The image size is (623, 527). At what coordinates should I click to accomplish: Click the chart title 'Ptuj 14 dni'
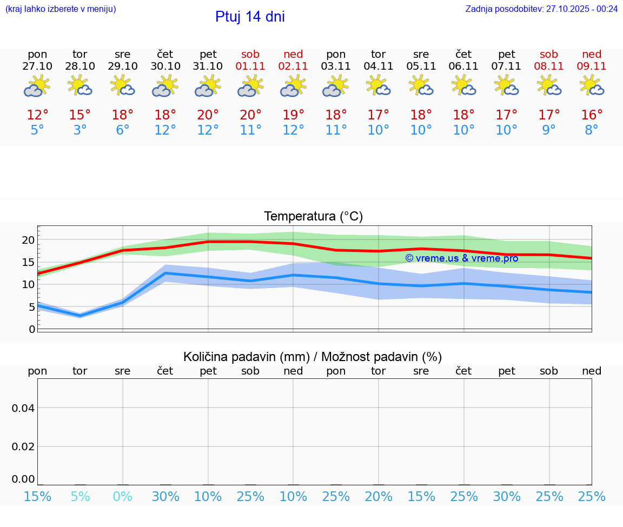tap(250, 17)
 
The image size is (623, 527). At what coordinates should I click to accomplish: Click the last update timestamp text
tap(541, 9)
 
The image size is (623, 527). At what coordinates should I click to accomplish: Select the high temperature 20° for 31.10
tap(208, 115)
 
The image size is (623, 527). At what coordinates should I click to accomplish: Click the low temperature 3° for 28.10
tap(80, 130)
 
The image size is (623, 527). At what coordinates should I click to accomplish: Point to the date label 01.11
tap(250, 66)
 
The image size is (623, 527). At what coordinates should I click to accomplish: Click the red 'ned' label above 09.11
tap(592, 54)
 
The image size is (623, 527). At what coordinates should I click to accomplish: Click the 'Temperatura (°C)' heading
tap(313, 217)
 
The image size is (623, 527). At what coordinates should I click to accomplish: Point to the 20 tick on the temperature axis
tap(28, 240)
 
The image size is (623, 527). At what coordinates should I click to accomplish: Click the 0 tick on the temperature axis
tap(32, 329)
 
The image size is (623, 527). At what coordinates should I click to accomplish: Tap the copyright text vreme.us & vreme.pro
tap(462, 258)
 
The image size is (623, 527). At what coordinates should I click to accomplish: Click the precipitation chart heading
tap(313, 357)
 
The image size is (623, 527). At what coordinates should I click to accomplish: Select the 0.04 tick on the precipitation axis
tap(23, 408)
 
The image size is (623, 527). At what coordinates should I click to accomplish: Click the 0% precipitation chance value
tap(123, 496)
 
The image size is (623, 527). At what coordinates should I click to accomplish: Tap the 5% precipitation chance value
tap(80, 496)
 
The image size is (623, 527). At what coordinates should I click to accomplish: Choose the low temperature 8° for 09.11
tap(592, 130)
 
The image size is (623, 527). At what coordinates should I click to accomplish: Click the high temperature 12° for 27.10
tap(37, 115)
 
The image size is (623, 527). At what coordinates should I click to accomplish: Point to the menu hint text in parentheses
tap(61, 9)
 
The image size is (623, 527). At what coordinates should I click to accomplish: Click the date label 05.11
tap(421, 66)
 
